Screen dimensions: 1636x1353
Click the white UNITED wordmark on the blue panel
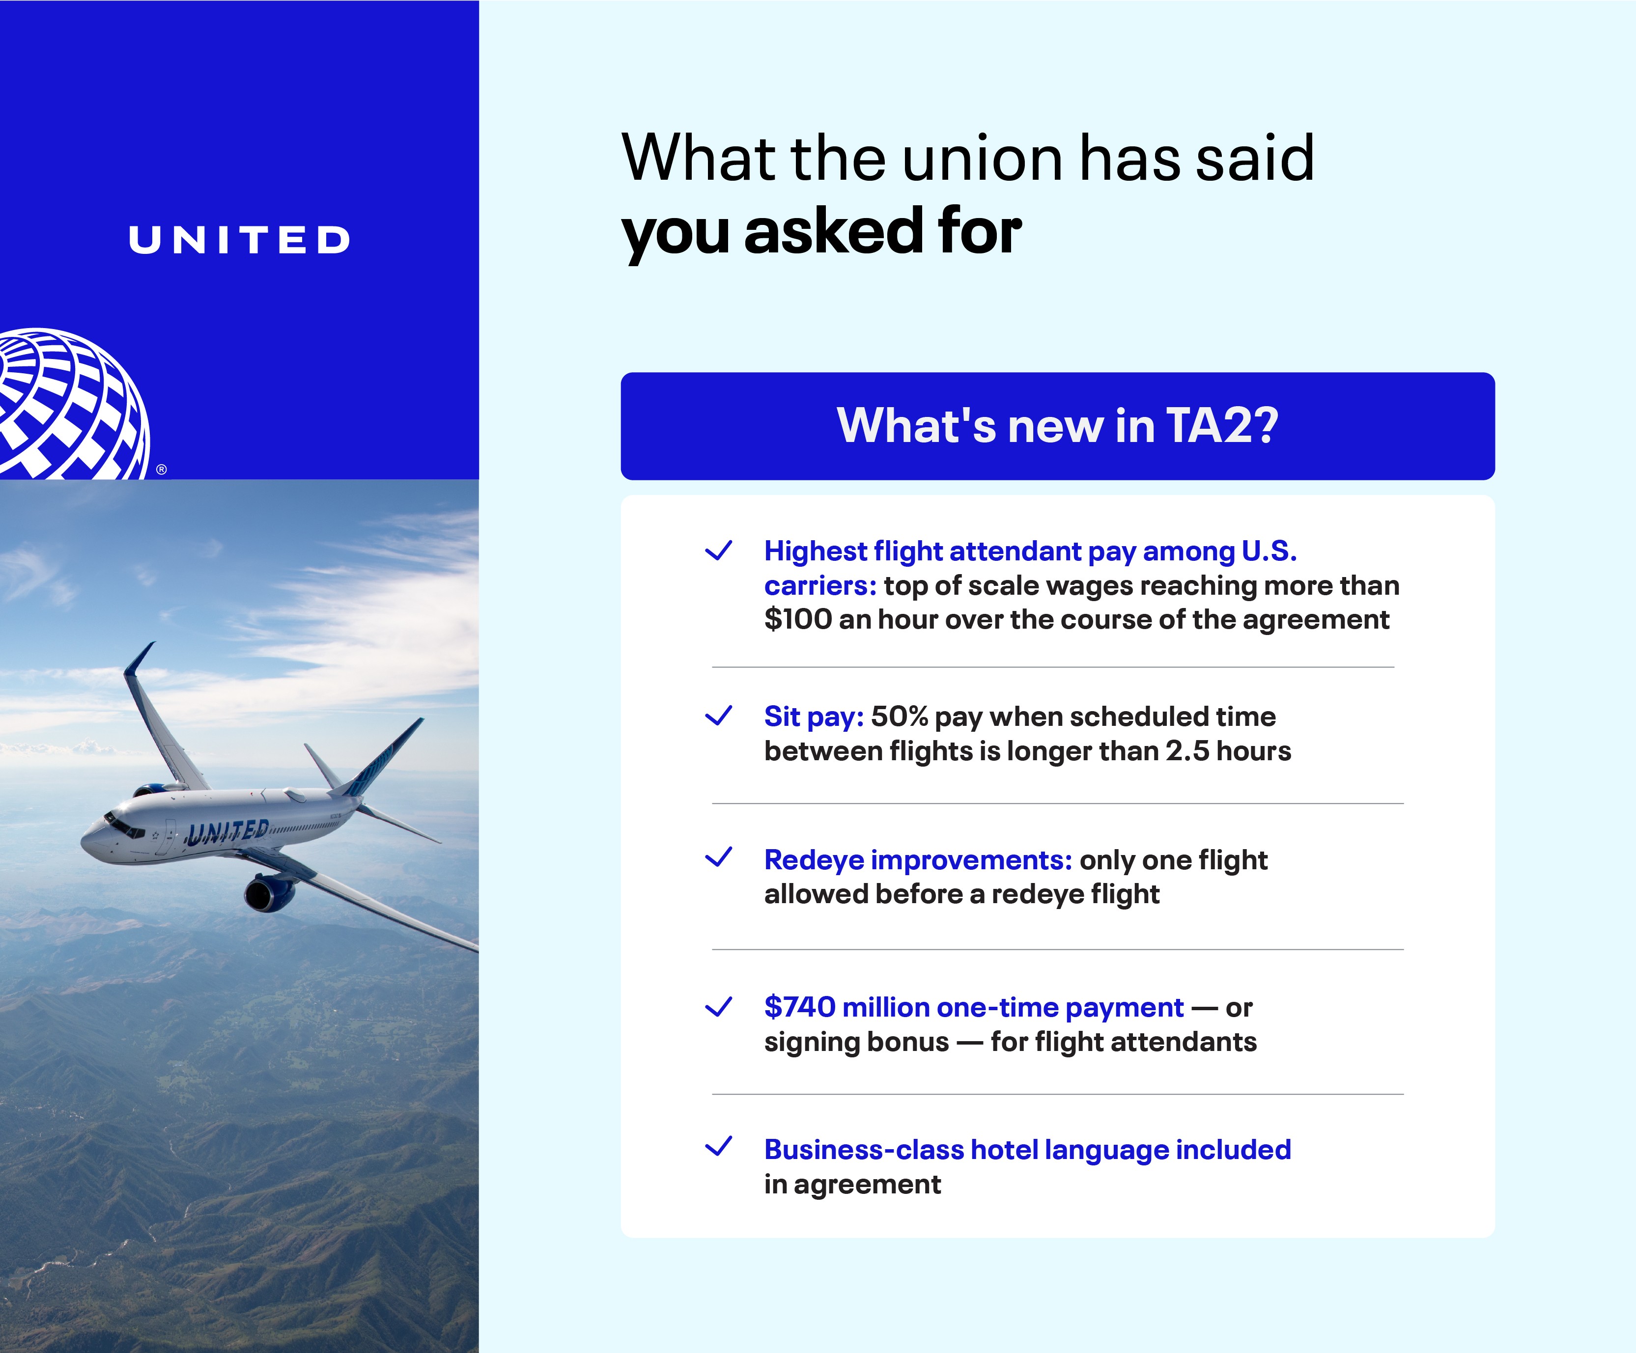click(239, 240)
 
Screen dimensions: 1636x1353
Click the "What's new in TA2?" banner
click(1057, 426)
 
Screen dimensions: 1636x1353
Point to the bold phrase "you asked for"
click(822, 232)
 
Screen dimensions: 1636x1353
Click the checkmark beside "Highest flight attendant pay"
click(718, 551)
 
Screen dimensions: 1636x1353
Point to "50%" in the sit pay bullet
click(899, 717)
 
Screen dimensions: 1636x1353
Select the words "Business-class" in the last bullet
click(864, 1150)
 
